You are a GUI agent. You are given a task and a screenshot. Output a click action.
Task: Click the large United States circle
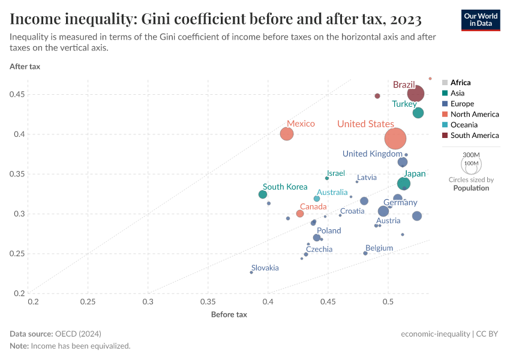(x=395, y=139)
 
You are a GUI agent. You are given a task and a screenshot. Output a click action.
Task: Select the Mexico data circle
(x=287, y=134)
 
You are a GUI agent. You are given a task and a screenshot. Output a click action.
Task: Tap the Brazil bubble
(x=416, y=94)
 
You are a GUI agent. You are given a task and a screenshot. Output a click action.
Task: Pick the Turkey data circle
(x=418, y=113)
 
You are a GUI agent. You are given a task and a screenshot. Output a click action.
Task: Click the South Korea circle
(x=263, y=194)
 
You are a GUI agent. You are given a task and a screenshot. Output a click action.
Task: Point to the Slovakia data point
(x=251, y=272)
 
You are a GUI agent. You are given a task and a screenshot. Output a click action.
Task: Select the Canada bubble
(x=300, y=214)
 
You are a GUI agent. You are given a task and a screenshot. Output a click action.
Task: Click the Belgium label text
(x=379, y=248)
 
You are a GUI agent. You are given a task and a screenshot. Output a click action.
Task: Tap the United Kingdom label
(x=372, y=154)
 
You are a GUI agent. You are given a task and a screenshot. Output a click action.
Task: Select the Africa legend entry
(x=460, y=83)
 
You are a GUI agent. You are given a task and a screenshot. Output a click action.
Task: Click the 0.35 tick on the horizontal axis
(x=208, y=301)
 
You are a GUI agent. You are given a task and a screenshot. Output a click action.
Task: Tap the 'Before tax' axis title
(x=229, y=314)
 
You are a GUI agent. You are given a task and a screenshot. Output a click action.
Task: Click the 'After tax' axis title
(x=25, y=67)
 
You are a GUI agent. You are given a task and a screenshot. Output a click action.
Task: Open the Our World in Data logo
(x=481, y=19)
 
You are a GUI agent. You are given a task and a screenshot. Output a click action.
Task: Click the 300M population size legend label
(x=472, y=155)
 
